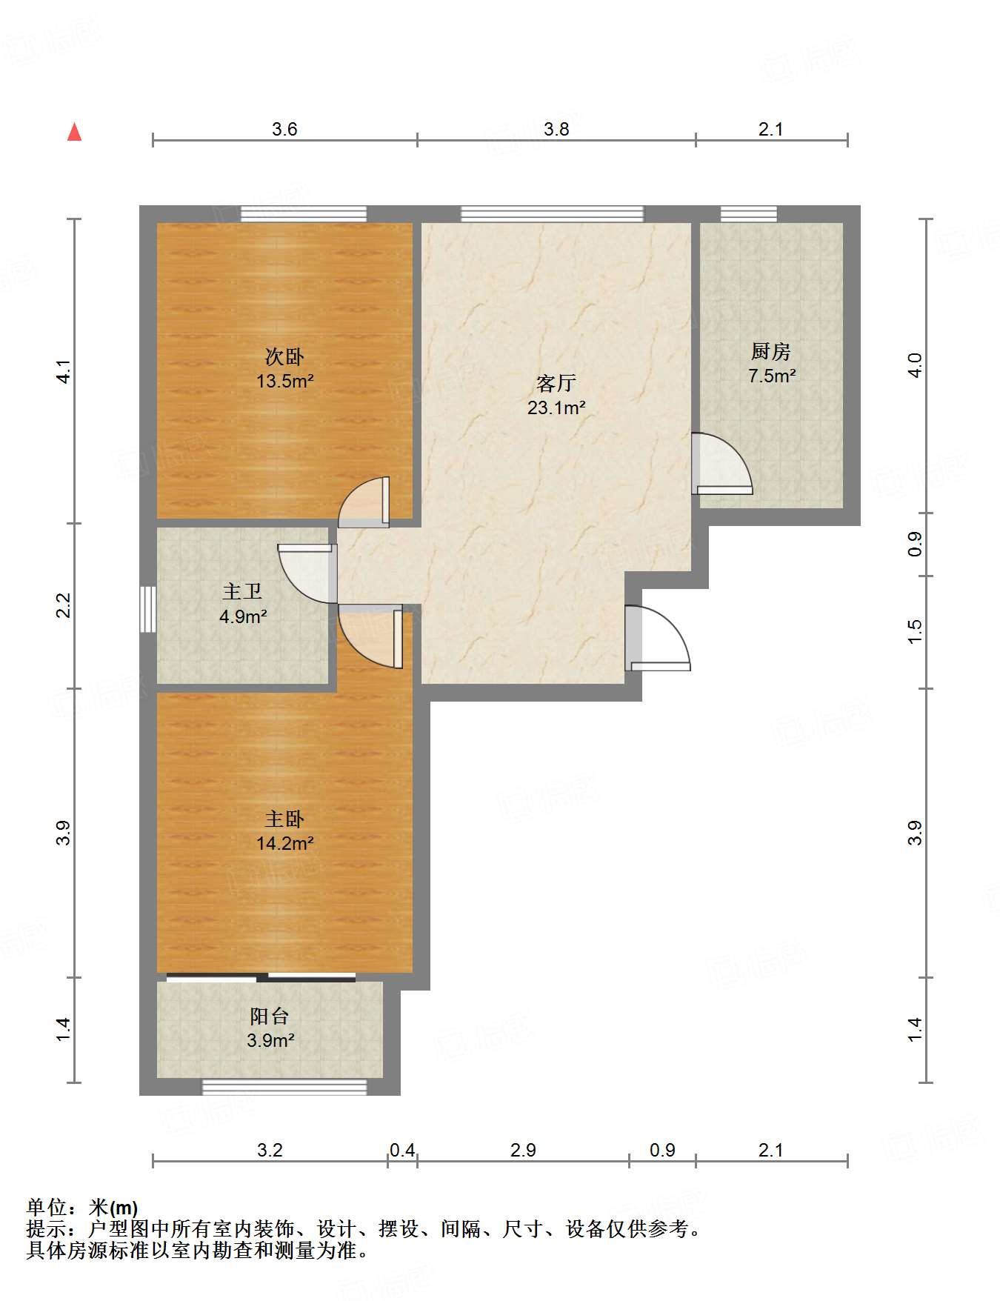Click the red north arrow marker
click(x=74, y=132)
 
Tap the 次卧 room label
click(x=284, y=357)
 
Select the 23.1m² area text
click(x=556, y=407)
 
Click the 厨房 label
click(x=771, y=351)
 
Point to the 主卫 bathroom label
click(x=242, y=591)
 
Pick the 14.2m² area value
click(x=284, y=843)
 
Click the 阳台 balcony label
click(x=270, y=1016)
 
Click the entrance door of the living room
click(x=657, y=638)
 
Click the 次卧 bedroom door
click(x=364, y=502)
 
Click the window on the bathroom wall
click(x=148, y=609)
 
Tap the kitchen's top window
click(x=749, y=214)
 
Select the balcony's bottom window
click(x=284, y=1087)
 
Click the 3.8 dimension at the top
click(x=556, y=130)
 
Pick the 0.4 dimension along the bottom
click(x=402, y=1150)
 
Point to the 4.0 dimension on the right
click(x=916, y=365)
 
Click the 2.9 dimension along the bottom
click(x=523, y=1150)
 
